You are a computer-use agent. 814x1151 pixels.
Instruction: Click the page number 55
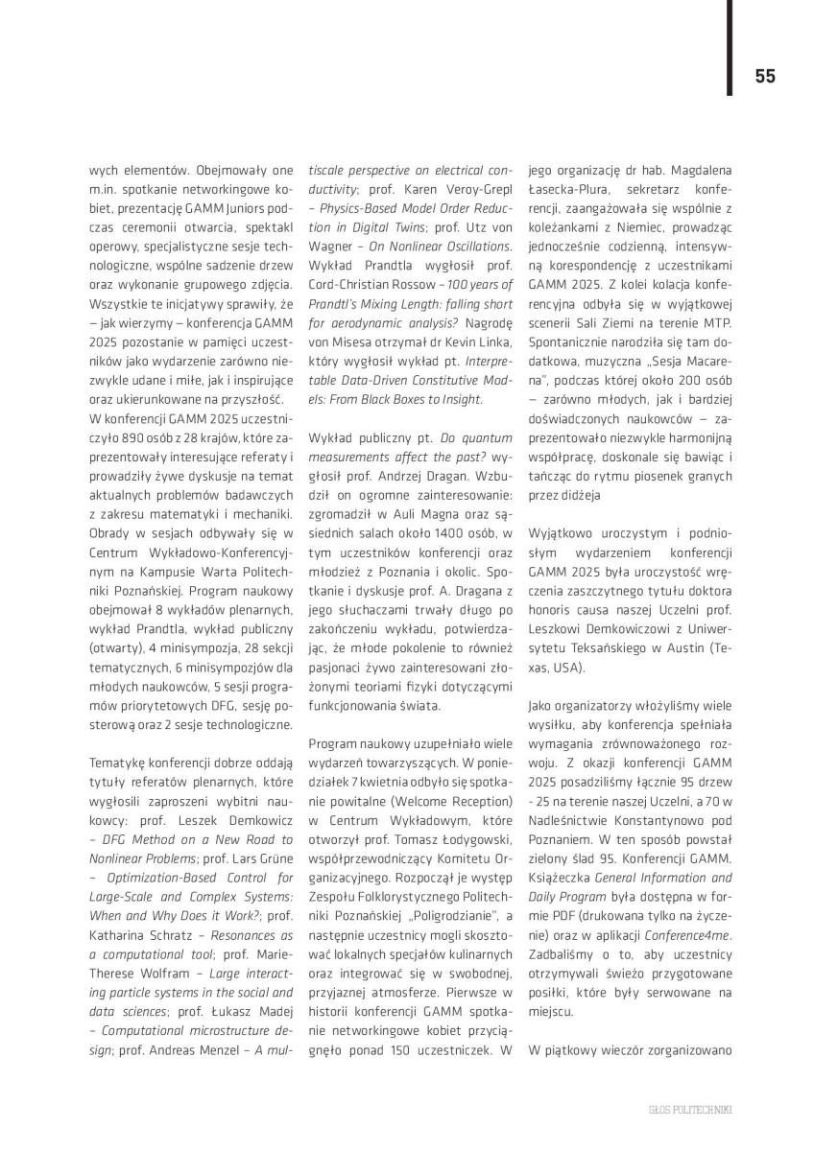pos(764,76)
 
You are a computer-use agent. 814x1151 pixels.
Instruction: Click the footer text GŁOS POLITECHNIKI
pos(690,1109)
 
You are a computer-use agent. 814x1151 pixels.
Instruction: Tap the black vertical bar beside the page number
pos(729,48)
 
